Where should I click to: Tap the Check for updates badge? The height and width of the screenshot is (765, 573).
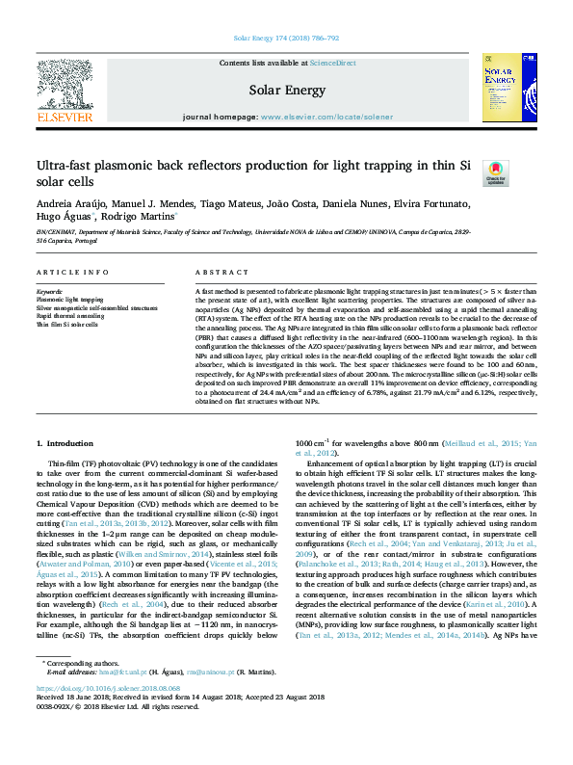(495, 172)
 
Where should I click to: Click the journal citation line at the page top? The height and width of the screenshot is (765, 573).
(286, 38)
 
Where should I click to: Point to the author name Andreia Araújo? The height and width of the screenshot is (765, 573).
(71, 204)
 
